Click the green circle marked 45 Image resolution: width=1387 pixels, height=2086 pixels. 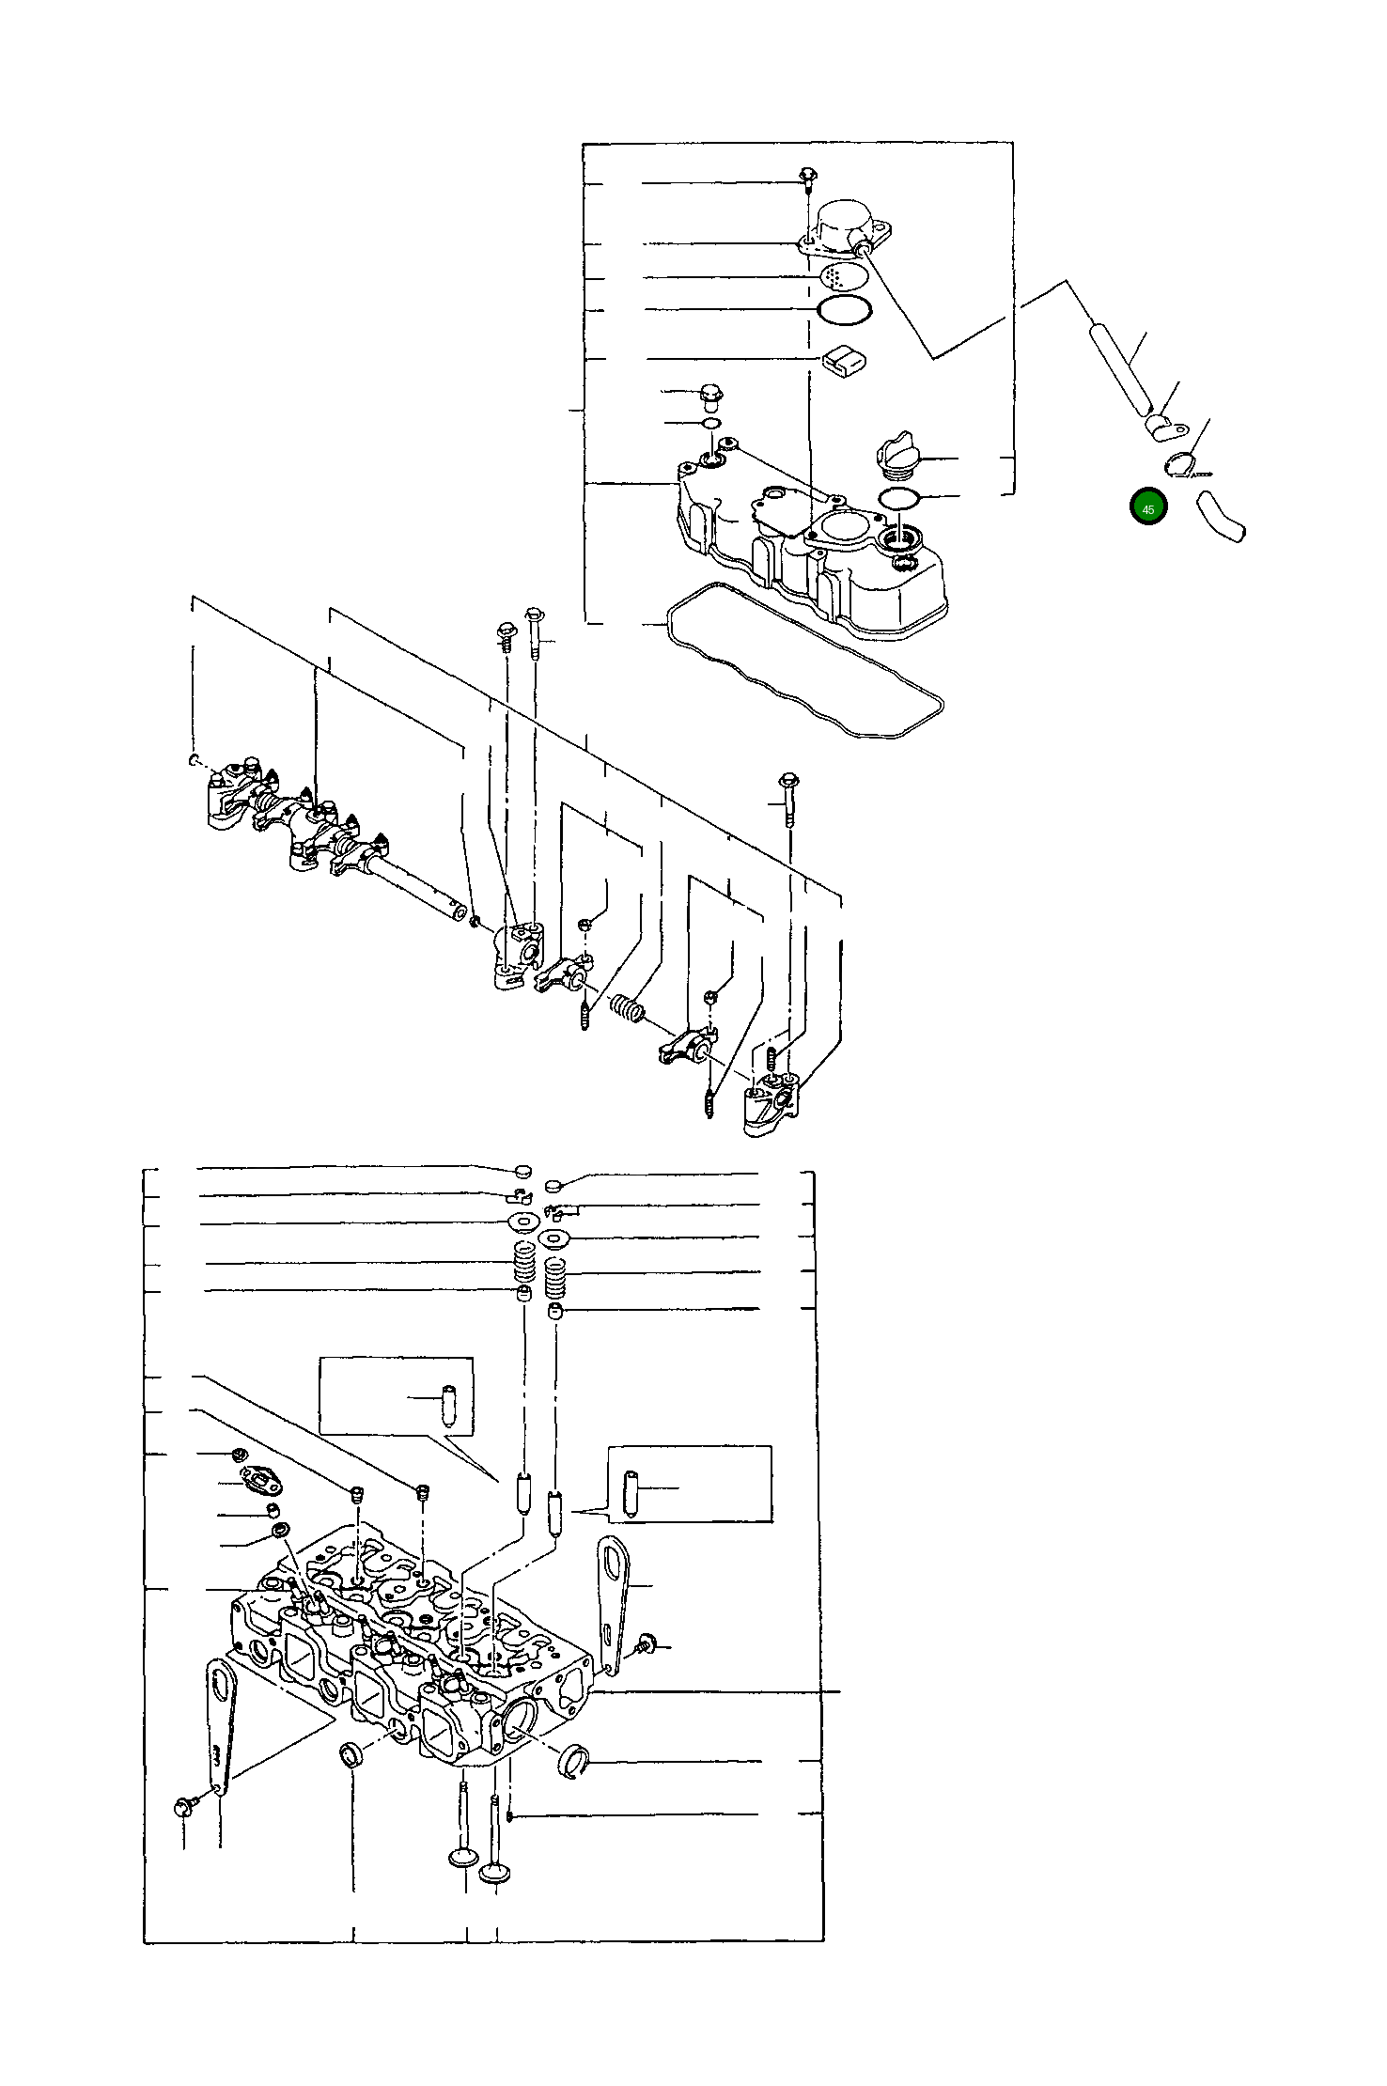[1147, 507]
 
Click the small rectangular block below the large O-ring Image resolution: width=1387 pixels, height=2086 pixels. [845, 359]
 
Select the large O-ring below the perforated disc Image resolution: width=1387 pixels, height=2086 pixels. [845, 310]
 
